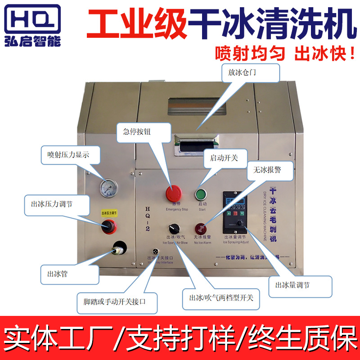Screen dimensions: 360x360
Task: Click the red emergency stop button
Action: (173, 193)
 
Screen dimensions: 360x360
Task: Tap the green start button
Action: (200, 194)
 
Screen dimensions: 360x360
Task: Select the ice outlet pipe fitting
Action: (119, 248)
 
